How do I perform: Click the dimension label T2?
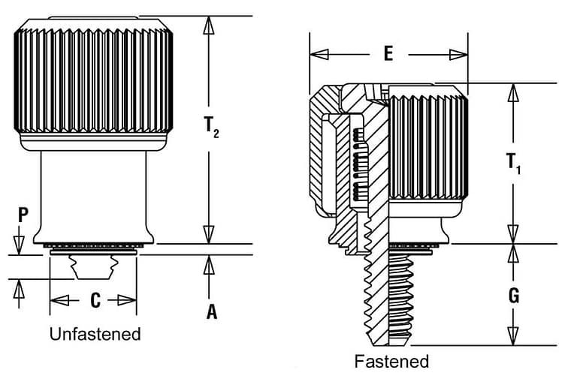coord(211,128)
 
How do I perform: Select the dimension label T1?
coord(513,163)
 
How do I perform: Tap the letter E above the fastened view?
coord(388,53)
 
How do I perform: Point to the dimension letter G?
coord(513,295)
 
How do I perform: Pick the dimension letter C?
coord(95,300)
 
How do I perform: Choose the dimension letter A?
coord(212,311)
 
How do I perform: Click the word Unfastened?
coord(95,334)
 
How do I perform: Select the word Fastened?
coord(391,362)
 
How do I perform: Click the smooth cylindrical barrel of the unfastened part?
coord(94,191)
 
